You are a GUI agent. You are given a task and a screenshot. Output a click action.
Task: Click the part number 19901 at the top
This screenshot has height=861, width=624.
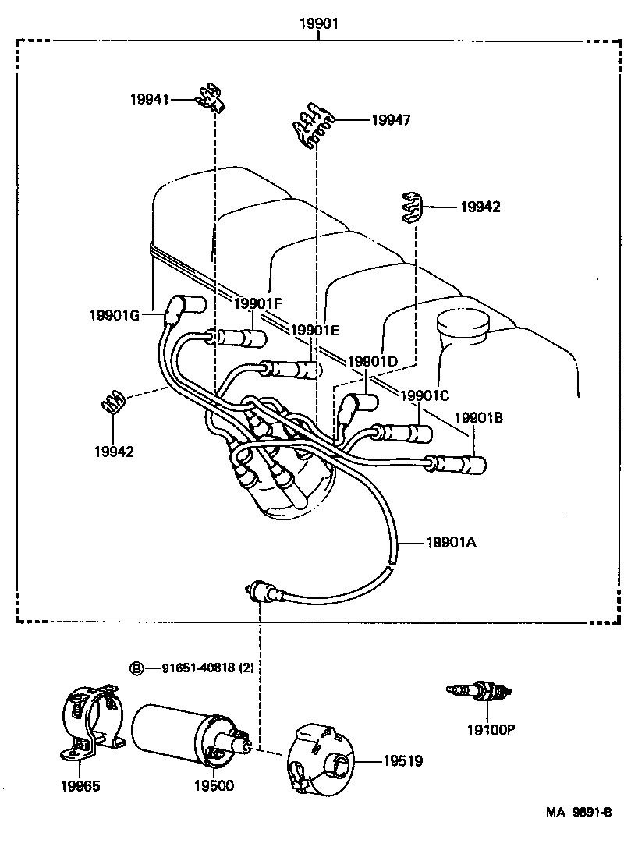tap(319, 24)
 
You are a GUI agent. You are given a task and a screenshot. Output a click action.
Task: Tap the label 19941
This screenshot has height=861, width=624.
tap(149, 99)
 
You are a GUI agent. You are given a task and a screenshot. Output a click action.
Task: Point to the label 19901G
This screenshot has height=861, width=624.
tap(113, 315)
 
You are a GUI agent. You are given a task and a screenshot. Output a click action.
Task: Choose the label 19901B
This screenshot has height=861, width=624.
tap(478, 417)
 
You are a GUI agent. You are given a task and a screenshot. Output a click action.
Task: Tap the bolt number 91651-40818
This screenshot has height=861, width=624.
tap(198, 668)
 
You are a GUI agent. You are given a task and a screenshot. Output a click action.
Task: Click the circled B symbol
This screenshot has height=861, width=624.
tap(136, 668)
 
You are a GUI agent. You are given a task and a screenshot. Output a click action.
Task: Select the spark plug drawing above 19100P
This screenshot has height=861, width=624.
tap(479, 691)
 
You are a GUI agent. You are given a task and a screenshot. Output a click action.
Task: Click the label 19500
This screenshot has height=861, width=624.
tap(214, 785)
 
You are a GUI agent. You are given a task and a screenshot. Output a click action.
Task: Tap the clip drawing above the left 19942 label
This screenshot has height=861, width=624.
tap(112, 402)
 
